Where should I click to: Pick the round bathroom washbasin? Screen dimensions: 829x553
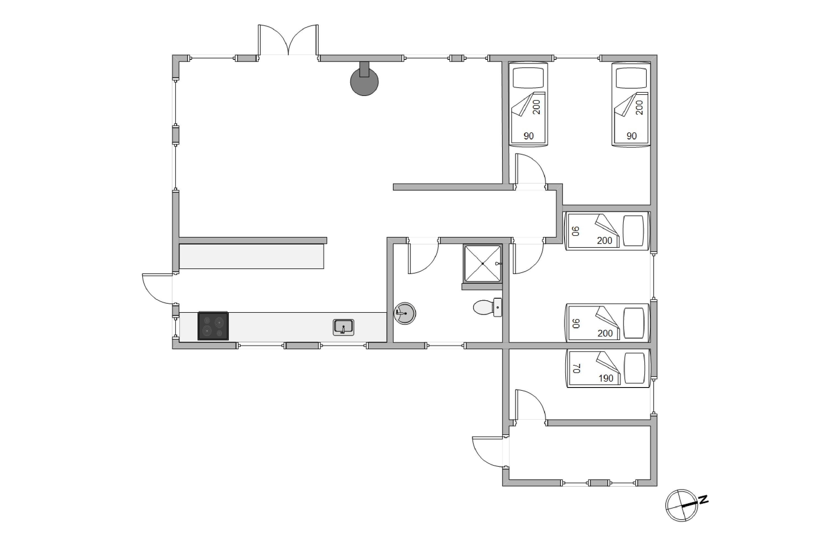tap(405, 313)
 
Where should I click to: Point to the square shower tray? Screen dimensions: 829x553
tap(482, 264)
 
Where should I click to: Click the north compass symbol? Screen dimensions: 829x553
tap(681, 505)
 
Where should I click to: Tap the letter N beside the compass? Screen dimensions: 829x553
tap(704, 500)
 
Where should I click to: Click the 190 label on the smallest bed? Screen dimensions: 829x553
tap(606, 378)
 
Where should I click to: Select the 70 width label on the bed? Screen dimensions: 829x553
tap(576, 369)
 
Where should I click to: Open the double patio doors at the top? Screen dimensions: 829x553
tap(288, 40)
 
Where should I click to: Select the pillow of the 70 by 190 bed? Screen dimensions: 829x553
tap(634, 368)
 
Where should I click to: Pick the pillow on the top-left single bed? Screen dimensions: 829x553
tap(528, 78)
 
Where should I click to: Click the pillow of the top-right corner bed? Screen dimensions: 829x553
tap(631, 78)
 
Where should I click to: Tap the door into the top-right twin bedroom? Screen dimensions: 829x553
tap(531, 169)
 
